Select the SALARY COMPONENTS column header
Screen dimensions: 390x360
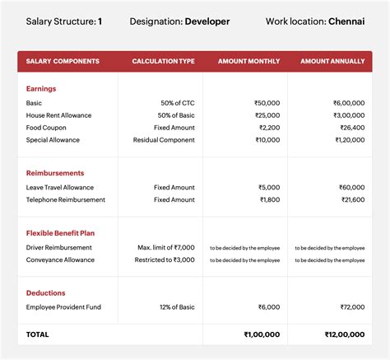63,62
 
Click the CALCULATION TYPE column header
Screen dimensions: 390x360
163,62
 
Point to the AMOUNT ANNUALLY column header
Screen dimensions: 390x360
332,62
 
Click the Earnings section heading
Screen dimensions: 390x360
42,88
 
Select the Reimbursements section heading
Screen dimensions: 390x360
55,174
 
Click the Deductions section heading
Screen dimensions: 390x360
46,292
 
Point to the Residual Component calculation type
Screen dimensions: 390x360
164,140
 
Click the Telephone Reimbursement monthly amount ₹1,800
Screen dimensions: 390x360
268,199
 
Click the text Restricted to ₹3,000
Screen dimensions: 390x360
165,259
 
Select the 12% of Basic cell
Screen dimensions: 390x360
175,306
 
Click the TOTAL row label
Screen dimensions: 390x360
38,334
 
